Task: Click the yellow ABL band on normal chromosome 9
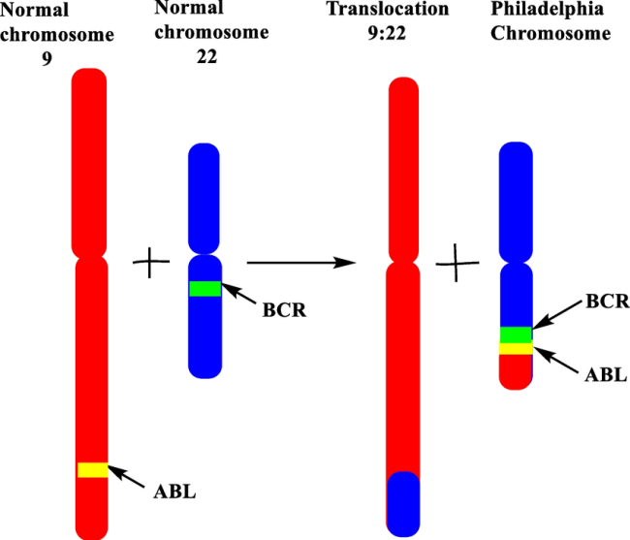[91, 469]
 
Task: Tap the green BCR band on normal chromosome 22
[205, 288]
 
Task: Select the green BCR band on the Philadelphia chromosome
[516, 334]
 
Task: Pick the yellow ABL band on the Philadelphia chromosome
[516, 348]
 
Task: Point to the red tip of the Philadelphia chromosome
[516, 371]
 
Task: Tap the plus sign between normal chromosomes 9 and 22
[149, 263]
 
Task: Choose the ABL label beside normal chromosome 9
[174, 491]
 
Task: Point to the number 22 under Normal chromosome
[204, 55]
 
